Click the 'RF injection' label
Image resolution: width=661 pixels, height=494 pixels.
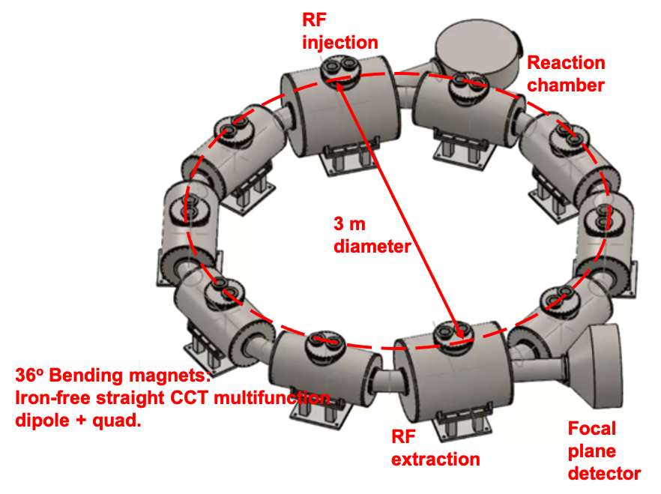(339, 30)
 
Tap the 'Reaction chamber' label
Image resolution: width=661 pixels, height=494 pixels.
(566, 73)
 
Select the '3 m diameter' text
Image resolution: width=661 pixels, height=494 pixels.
(372, 235)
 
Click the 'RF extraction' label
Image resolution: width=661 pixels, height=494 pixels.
(435, 447)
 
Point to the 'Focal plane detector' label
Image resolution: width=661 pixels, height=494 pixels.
(603, 451)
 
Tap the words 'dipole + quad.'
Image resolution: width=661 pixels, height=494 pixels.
(78, 420)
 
